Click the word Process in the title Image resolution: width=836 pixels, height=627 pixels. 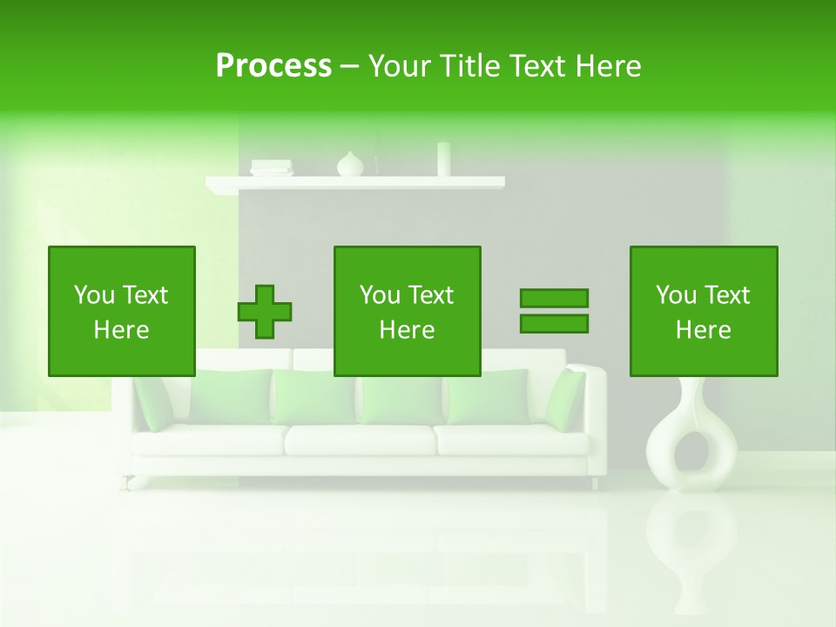tap(273, 66)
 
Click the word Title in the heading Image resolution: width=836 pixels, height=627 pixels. tap(469, 66)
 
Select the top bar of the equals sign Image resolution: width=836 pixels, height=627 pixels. tap(554, 298)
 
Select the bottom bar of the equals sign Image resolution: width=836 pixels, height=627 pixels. tap(554, 324)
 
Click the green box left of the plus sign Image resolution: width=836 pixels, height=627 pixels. tap(122, 311)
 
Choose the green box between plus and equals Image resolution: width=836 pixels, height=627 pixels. tap(408, 311)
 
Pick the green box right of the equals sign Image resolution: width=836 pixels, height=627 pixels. tap(704, 311)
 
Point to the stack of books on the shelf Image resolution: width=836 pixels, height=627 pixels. tap(271, 167)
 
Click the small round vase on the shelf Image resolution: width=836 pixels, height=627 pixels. tap(350, 165)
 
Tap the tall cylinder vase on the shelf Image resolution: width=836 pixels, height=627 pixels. tap(444, 159)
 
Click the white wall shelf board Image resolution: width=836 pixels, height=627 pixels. tap(355, 183)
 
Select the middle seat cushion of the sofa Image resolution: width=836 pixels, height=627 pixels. tap(360, 440)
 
